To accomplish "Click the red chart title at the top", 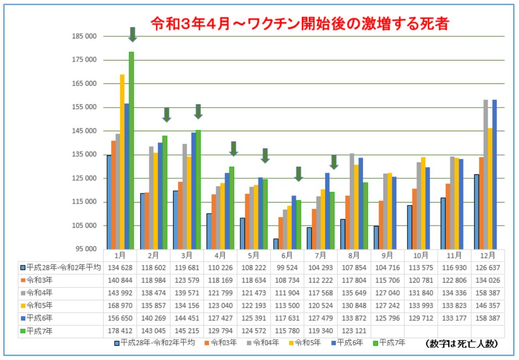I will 300,23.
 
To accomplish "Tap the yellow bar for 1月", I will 122,162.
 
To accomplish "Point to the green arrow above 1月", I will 132,34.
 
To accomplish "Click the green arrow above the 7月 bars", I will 334,162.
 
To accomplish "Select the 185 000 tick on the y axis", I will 84,36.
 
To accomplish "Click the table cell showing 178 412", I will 120,331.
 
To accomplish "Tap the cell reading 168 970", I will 120,305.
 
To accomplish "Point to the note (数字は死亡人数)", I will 462,343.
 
